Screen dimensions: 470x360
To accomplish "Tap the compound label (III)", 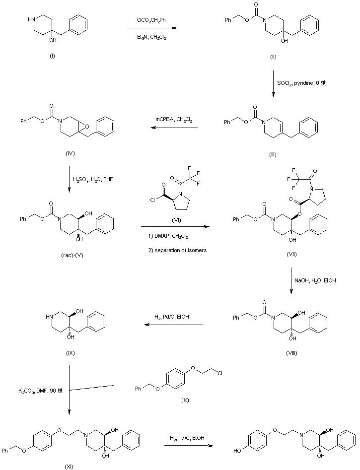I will tap(273, 155).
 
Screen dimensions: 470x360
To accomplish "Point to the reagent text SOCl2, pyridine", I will tap(304, 83).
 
